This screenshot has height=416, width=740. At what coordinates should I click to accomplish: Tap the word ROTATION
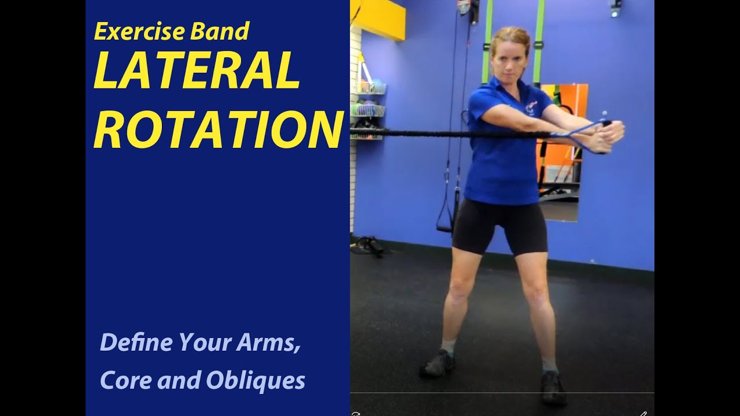pos(219,131)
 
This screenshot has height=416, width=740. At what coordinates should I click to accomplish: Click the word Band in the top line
pos(225,32)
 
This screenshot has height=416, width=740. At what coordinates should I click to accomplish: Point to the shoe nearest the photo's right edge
pos(553,387)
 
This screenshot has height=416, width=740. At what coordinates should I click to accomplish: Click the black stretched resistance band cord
pos(439,134)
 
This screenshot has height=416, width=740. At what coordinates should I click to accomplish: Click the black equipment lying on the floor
pos(367,245)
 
